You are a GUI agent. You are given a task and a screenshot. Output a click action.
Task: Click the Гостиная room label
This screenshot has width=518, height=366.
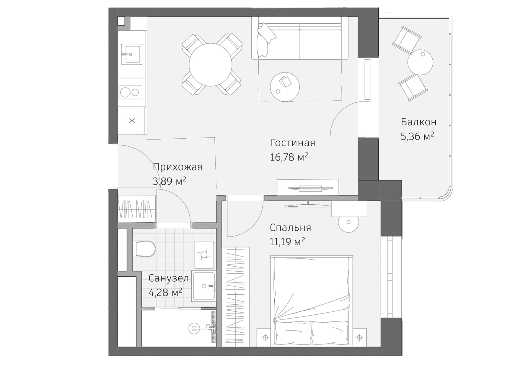[x=293, y=143]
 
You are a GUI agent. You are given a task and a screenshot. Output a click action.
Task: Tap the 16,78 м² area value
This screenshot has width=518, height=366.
[x=289, y=157]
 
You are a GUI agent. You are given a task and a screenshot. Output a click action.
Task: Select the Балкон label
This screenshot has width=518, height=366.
[x=418, y=122]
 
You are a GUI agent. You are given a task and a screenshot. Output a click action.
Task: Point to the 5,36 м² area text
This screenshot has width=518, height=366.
[x=417, y=136]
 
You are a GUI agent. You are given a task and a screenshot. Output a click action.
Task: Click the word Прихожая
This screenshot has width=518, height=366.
[x=177, y=167]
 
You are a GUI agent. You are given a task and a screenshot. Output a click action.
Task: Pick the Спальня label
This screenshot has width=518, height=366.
[x=290, y=228]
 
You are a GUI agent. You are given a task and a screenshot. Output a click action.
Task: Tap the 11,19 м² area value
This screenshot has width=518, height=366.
[x=287, y=242]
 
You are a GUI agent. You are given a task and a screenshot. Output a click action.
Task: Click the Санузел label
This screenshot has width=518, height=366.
[x=168, y=278]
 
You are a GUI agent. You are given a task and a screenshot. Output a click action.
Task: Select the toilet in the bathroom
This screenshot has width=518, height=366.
[x=144, y=249]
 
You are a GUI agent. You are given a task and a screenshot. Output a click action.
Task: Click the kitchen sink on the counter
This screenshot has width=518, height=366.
[x=132, y=54]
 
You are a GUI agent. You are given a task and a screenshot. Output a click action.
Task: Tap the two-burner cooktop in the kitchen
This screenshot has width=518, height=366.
[x=130, y=92]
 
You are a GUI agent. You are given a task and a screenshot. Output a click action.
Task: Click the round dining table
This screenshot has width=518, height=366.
[x=211, y=65]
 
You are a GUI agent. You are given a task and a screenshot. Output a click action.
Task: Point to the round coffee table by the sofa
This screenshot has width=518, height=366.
[x=285, y=87]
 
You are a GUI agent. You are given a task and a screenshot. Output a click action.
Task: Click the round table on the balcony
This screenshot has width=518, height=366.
[x=420, y=62]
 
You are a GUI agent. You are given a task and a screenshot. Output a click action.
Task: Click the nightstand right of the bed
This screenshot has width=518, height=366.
[x=359, y=337]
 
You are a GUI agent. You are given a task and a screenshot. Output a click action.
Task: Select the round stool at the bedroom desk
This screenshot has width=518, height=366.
[x=348, y=222]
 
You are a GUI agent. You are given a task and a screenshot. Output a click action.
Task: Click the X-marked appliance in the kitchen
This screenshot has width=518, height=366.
[x=132, y=121]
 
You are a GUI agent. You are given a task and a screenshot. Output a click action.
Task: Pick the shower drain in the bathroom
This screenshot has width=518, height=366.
[x=194, y=328]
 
